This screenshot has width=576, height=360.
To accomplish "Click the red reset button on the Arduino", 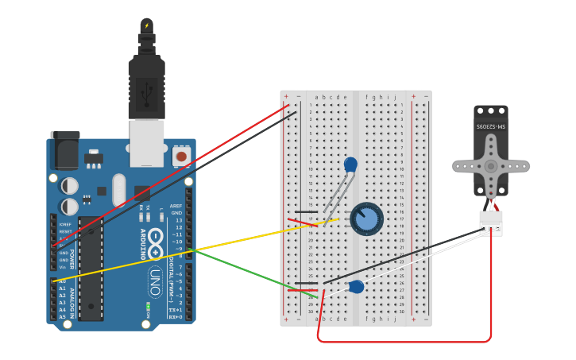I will pyautogui.click(x=181, y=157).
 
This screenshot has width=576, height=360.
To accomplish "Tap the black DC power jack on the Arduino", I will pyautogui.click(x=64, y=149).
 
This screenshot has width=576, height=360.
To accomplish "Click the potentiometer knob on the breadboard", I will pyautogui.click(x=366, y=219).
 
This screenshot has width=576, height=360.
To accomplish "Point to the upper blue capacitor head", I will pyautogui.click(x=350, y=165).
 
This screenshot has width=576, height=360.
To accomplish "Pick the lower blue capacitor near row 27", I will pyautogui.click(x=356, y=287).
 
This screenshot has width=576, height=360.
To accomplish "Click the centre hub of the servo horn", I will pyautogui.click(x=491, y=166).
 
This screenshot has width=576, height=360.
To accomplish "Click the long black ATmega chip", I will pyautogui.click(x=91, y=270).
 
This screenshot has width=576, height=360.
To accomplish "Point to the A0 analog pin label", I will pyautogui.click(x=62, y=281).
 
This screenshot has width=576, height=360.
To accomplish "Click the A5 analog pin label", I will pyautogui.click(x=62, y=317).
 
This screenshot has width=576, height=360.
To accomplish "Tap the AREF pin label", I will pyautogui.click(x=176, y=206).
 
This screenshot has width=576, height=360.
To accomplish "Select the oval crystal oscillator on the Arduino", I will pyautogui.click(x=119, y=189).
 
